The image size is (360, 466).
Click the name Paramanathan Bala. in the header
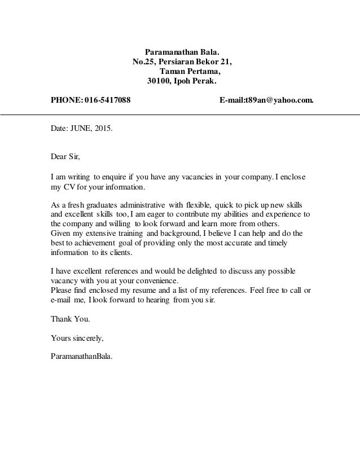point(180,51)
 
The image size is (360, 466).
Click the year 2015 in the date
point(102,129)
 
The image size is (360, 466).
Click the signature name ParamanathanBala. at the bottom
point(82,358)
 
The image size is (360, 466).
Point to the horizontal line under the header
point(180,115)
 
